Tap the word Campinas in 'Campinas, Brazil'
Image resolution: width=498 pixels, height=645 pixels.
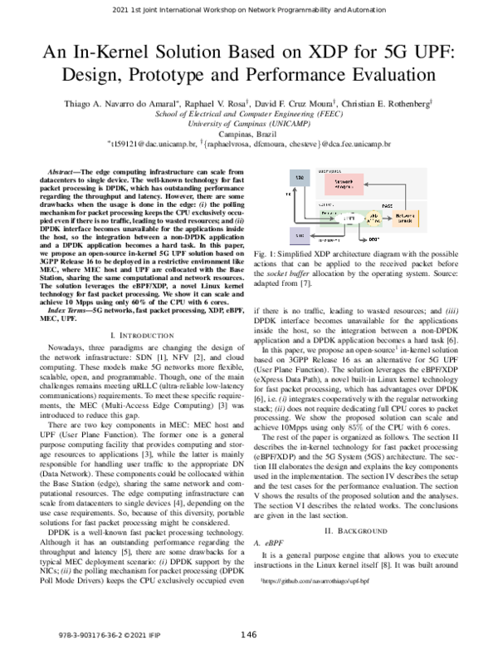[233, 133]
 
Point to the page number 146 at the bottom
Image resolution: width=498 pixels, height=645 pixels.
[249, 635]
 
